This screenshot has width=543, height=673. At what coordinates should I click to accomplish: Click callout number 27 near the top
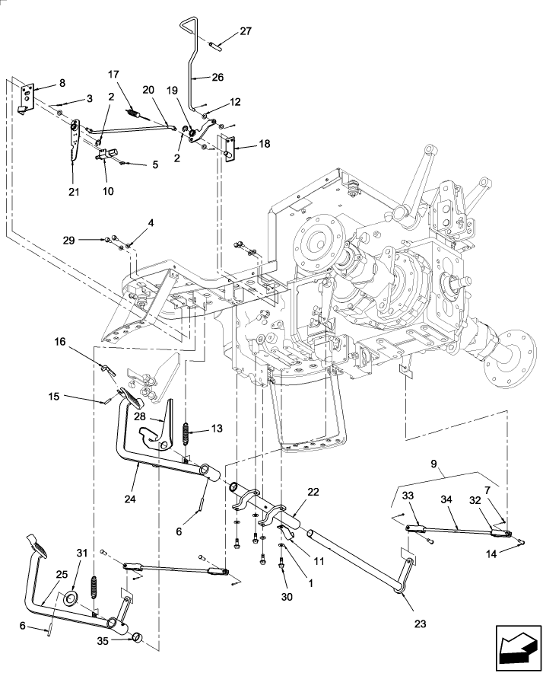(x=244, y=31)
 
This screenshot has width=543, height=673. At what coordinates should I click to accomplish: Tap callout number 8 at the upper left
(x=62, y=82)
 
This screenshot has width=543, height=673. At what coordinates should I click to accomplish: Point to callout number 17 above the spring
(x=113, y=75)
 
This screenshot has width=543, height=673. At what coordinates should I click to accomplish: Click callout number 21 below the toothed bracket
(x=75, y=191)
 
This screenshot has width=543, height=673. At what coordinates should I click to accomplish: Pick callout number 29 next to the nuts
(x=90, y=239)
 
